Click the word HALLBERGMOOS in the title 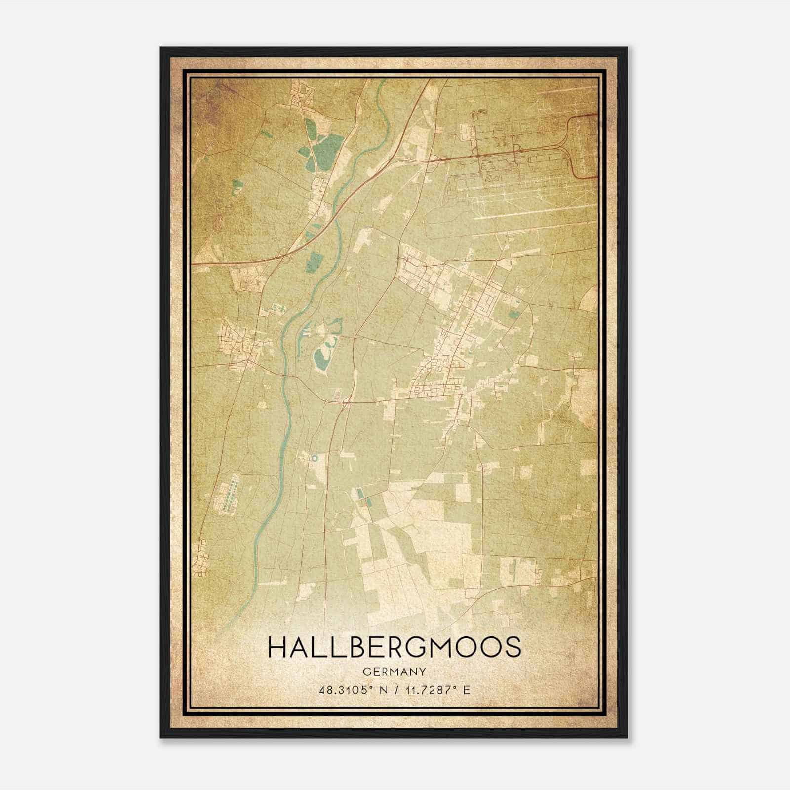pos(394,647)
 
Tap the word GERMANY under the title pos(394,672)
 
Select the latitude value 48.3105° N pos(352,690)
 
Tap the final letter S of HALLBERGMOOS pos(513,647)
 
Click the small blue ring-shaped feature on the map pos(314,458)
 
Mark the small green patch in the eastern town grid pos(514,313)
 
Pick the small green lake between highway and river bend pos(314,262)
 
